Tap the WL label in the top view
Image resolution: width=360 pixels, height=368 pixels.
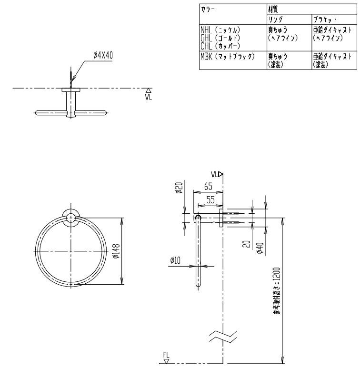pyautogui.click(x=148, y=96)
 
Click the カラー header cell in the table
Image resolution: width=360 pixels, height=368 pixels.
pyautogui.click(x=209, y=9)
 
